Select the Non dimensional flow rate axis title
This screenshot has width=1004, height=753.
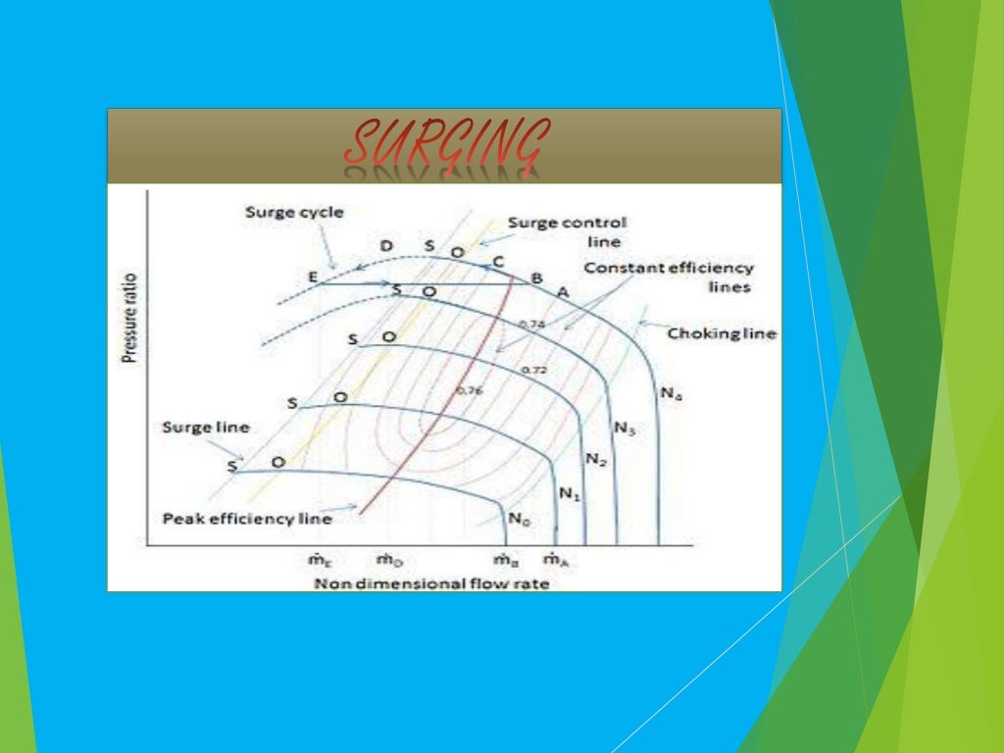(431, 583)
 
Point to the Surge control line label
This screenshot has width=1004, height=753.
(568, 231)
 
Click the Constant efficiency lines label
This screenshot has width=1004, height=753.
(669, 276)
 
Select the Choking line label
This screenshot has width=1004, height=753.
(722, 333)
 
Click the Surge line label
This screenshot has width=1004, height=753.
(206, 427)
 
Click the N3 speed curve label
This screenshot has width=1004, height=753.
(626, 427)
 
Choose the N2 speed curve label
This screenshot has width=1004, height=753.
(596, 458)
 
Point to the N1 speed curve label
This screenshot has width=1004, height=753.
(570, 494)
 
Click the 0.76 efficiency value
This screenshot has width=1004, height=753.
(471, 390)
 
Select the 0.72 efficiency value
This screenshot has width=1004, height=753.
(534, 369)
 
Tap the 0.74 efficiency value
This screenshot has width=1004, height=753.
(530, 324)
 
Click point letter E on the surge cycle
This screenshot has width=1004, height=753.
(313, 277)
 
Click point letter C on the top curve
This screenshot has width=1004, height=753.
(498, 261)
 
